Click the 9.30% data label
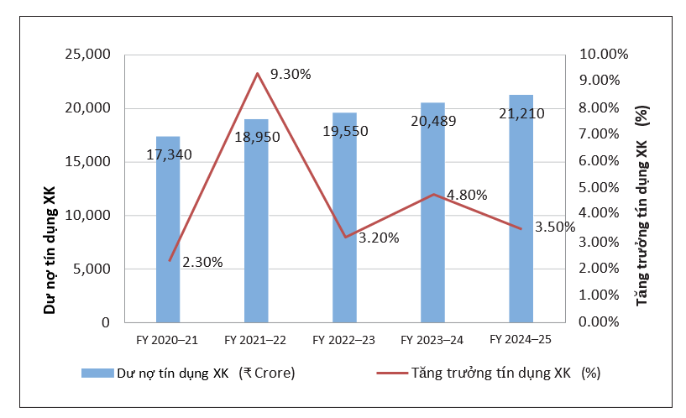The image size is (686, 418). (x=291, y=74)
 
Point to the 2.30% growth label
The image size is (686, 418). (x=202, y=262)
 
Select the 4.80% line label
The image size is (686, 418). (x=468, y=195)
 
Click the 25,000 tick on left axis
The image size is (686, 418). (x=87, y=55)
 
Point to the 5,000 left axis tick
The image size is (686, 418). (x=91, y=269)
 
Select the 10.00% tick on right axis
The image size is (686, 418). (x=605, y=55)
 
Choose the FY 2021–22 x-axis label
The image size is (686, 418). (x=256, y=340)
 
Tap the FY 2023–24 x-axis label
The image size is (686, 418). (x=432, y=340)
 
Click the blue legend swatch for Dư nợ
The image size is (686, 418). (x=97, y=373)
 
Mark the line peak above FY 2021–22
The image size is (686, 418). (x=257, y=74)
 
